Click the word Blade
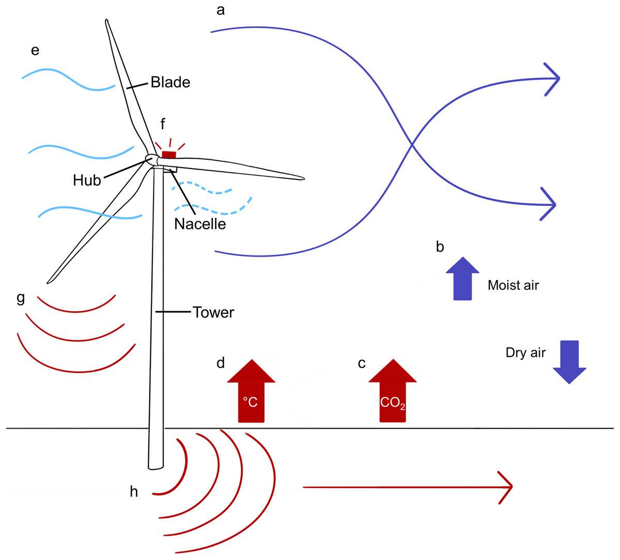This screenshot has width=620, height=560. (171, 82)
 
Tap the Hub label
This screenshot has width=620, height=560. (87, 180)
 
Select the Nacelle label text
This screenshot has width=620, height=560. (200, 224)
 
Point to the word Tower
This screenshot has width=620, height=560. (213, 312)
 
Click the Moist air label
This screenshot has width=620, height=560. (513, 285)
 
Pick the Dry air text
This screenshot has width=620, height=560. (525, 353)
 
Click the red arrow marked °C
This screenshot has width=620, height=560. (251, 390)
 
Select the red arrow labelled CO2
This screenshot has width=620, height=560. (393, 390)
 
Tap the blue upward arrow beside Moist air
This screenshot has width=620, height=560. (462, 279)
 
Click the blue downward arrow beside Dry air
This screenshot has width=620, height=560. (569, 362)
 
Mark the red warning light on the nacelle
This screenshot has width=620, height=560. (169, 155)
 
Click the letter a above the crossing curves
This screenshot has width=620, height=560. (221, 10)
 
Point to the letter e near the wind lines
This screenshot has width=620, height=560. (35, 51)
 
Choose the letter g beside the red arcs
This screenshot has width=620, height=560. (20, 298)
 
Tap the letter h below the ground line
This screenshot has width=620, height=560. (134, 491)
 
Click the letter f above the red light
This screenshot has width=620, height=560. (163, 124)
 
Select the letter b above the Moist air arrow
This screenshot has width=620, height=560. (440, 247)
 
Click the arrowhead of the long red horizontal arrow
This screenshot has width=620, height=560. (506, 487)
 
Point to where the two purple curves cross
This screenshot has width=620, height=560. (412, 144)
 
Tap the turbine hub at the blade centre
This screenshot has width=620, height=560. (151, 160)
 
